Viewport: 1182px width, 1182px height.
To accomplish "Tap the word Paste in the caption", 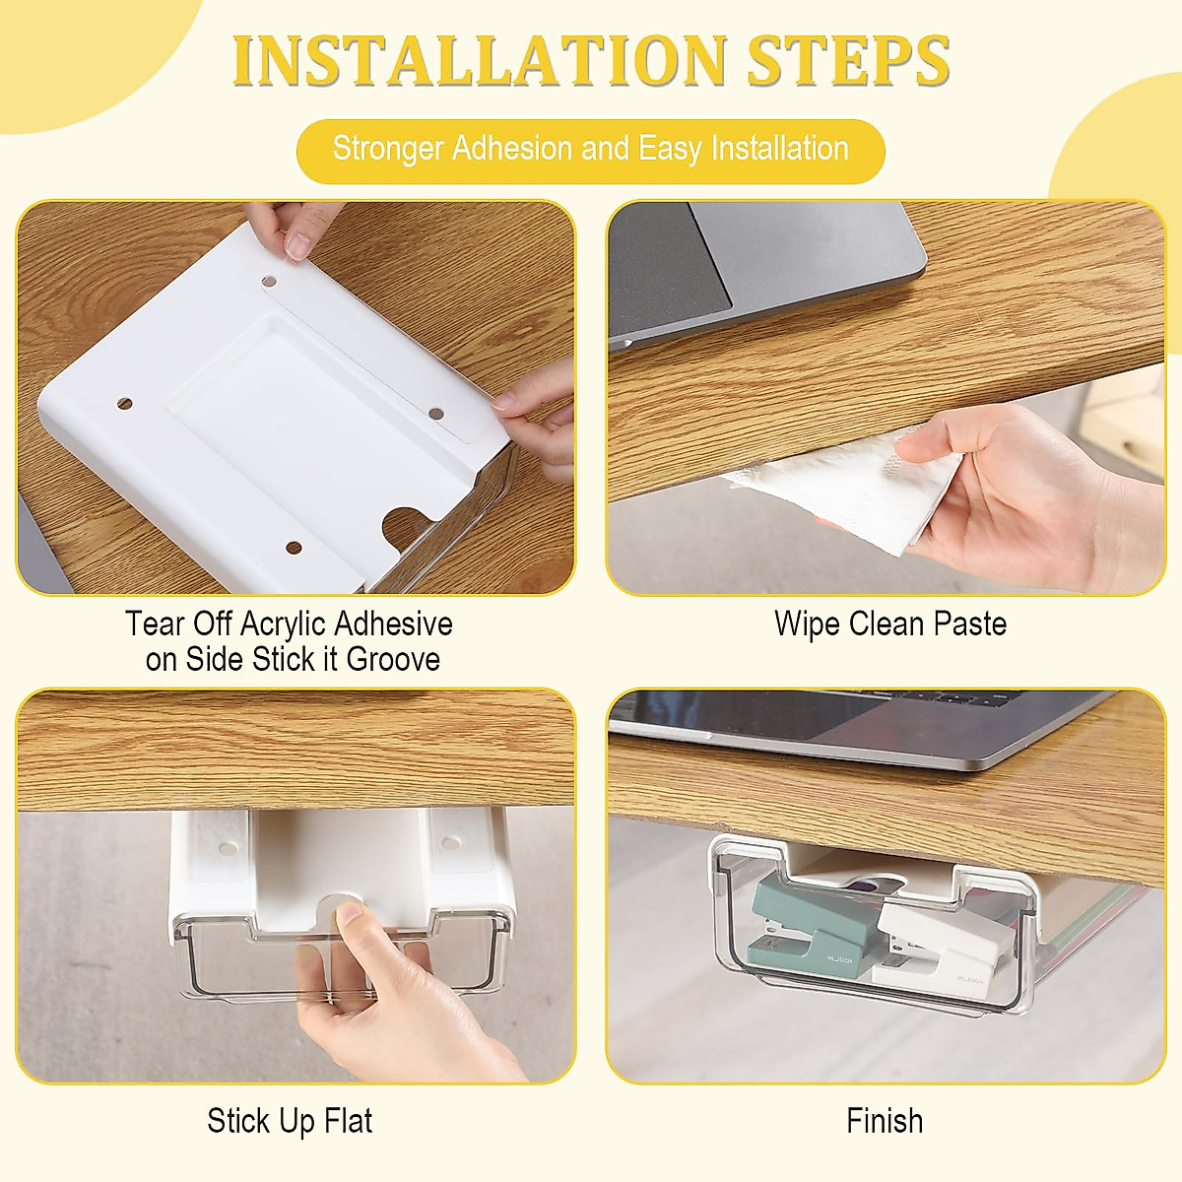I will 969,624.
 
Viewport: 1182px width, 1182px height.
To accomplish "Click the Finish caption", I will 885,1121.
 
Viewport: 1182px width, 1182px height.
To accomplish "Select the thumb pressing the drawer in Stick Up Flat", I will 347,916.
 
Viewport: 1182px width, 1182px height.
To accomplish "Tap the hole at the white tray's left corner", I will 124,404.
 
